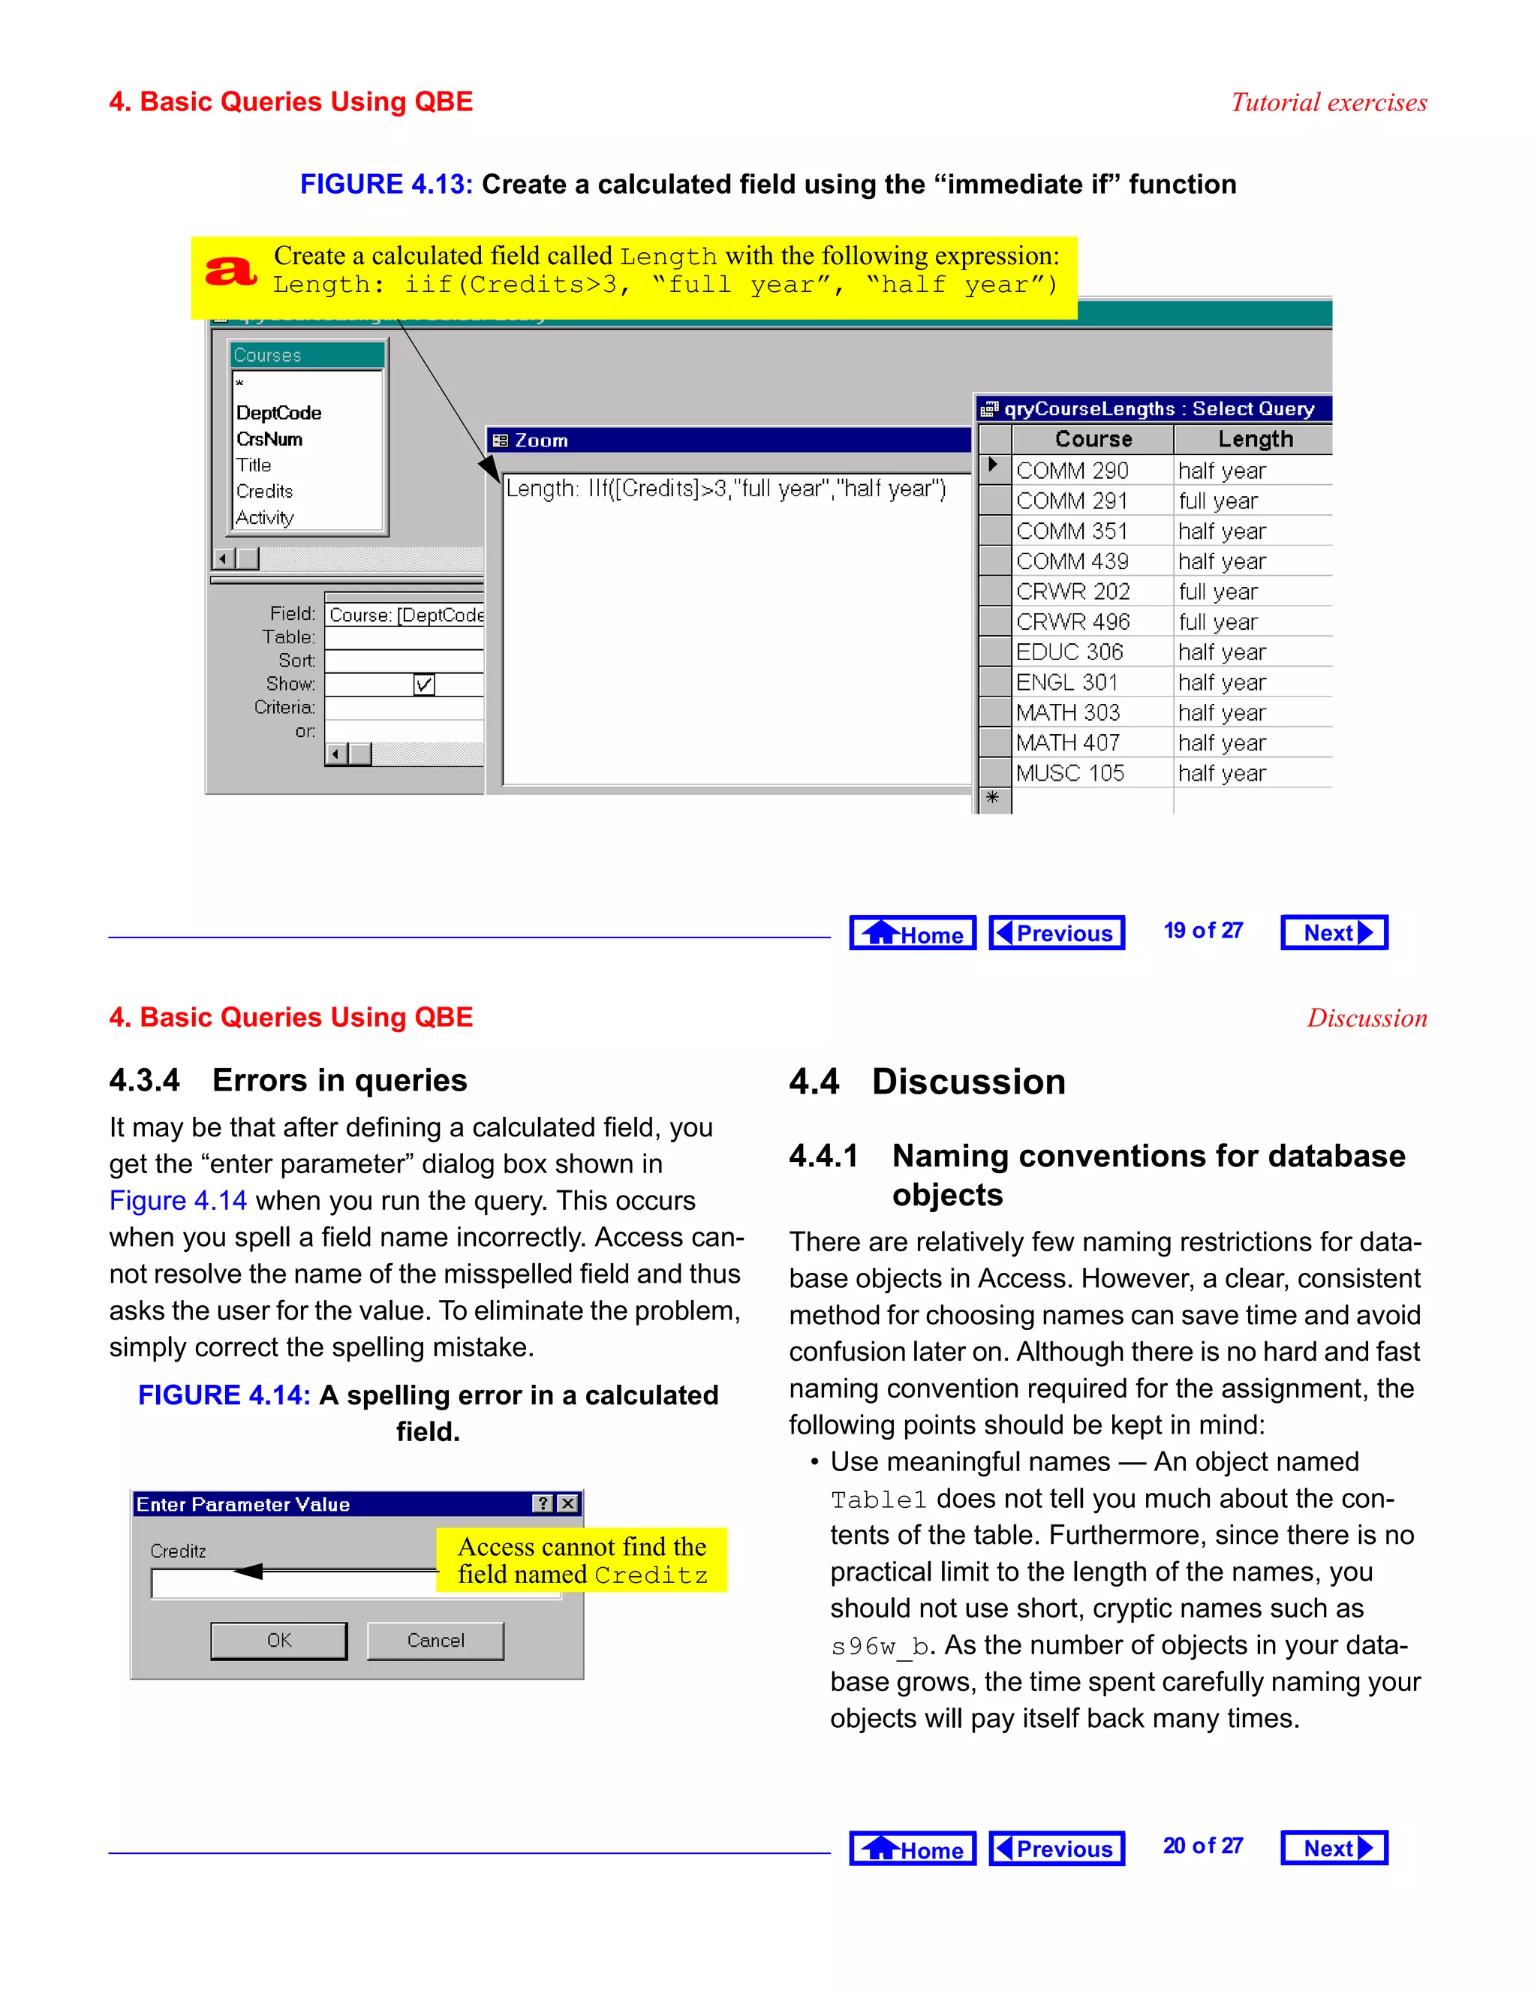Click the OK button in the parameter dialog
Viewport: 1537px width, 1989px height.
tap(278, 1640)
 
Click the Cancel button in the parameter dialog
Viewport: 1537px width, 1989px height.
tap(435, 1640)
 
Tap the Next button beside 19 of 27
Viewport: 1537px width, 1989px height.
tap(1334, 932)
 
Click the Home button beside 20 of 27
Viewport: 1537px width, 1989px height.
tap(913, 1849)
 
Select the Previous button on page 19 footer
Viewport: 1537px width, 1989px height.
tap(1056, 932)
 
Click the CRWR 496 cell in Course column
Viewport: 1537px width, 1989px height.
tap(1072, 622)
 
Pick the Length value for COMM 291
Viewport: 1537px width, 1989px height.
tap(1217, 501)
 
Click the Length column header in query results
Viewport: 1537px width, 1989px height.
tap(1255, 439)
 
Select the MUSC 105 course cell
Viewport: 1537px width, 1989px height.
tap(1070, 773)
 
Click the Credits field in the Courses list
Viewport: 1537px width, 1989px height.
tap(264, 492)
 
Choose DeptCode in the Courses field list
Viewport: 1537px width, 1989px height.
tap(278, 413)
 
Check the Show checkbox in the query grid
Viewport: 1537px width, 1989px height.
tap(423, 684)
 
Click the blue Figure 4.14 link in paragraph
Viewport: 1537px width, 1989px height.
tap(178, 1200)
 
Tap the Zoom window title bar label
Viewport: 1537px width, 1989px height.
tap(541, 441)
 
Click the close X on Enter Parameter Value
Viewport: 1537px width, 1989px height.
tap(568, 1503)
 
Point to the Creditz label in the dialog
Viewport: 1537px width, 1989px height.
tap(179, 1551)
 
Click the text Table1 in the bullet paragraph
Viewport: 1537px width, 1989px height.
tap(878, 1500)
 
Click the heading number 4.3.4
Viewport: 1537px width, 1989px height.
tap(144, 1080)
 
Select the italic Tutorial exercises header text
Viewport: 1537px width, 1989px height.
tap(1328, 102)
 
